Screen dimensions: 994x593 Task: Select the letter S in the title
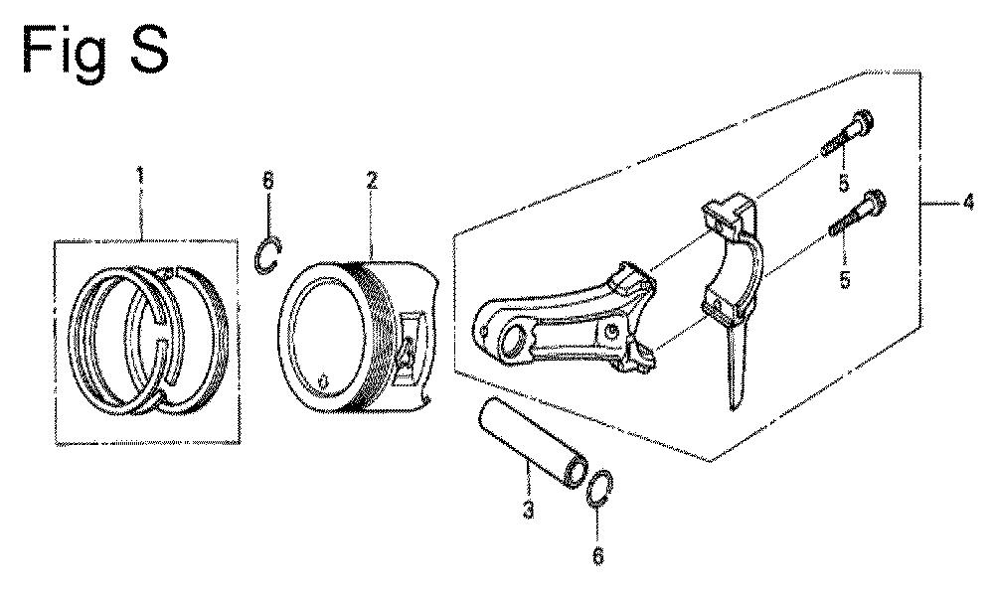pyautogui.click(x=150, y=50)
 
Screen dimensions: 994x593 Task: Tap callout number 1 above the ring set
pyautogui.click(x=140, y=174)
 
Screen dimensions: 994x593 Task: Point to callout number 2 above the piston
pyautogui.click(x=372, y=181)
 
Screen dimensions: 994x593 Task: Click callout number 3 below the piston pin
pyautogui.click(x=528, y=510)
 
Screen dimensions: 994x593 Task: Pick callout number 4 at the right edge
pyautogui.click(x=967, y=204)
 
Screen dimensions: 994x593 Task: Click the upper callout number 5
pyautogui.click(x=844, y=183)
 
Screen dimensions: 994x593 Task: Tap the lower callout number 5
pyautogui.click(x=845, y=279)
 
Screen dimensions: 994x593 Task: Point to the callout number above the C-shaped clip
pyautogui.click(x=268, y=181)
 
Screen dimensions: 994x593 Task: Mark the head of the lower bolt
pyautogui.click(x=876, y=201)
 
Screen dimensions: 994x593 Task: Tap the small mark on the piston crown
pyautogui.click(x=323, y=381)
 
